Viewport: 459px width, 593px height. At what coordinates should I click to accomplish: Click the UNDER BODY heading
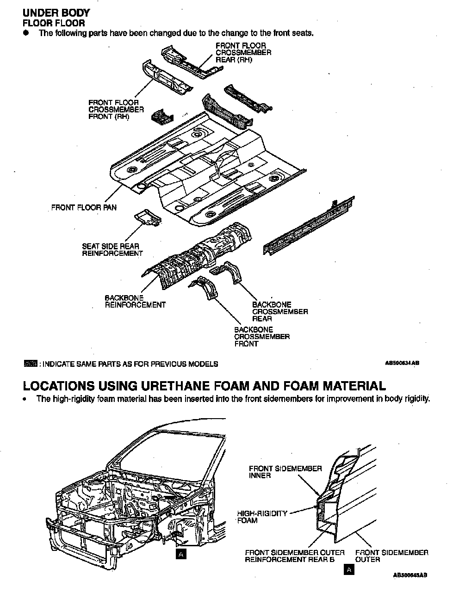56,13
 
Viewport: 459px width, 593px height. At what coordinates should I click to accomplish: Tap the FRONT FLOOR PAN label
84,208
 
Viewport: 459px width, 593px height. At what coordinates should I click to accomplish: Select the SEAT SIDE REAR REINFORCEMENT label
112,250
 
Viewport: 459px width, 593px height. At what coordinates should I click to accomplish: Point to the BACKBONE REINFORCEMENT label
135,302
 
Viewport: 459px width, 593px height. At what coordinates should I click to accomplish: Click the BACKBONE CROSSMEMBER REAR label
279,312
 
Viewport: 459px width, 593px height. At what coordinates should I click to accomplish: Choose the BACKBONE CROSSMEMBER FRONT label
261,337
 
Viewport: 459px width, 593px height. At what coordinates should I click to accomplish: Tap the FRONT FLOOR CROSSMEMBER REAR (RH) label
243,53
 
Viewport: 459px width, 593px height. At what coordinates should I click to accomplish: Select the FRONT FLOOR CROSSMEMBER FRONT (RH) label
116,110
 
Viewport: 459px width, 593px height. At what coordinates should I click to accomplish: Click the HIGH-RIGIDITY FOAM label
262,517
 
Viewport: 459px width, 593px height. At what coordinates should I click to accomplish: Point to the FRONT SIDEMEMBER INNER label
285,472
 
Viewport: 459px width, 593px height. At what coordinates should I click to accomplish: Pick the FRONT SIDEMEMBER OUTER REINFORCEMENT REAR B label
295,556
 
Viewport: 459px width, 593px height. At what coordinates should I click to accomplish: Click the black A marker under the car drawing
181,554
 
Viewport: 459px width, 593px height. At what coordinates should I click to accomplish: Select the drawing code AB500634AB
402,364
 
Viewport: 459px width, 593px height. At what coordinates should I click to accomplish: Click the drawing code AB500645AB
409,575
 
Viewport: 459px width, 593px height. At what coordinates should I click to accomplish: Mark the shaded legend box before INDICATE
30,364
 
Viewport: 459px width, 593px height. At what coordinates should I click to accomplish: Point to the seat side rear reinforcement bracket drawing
147,217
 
